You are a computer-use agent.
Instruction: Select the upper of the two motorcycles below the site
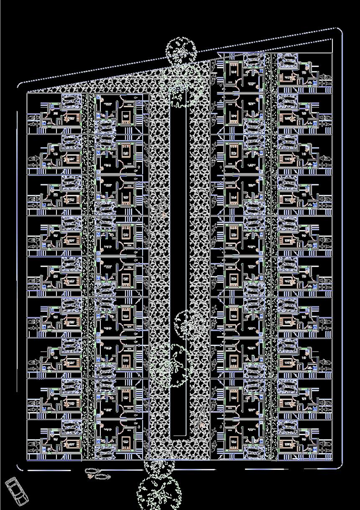[91, 471]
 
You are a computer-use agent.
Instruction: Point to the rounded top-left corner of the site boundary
[20, 85]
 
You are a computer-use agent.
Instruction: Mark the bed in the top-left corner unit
[74, 117]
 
